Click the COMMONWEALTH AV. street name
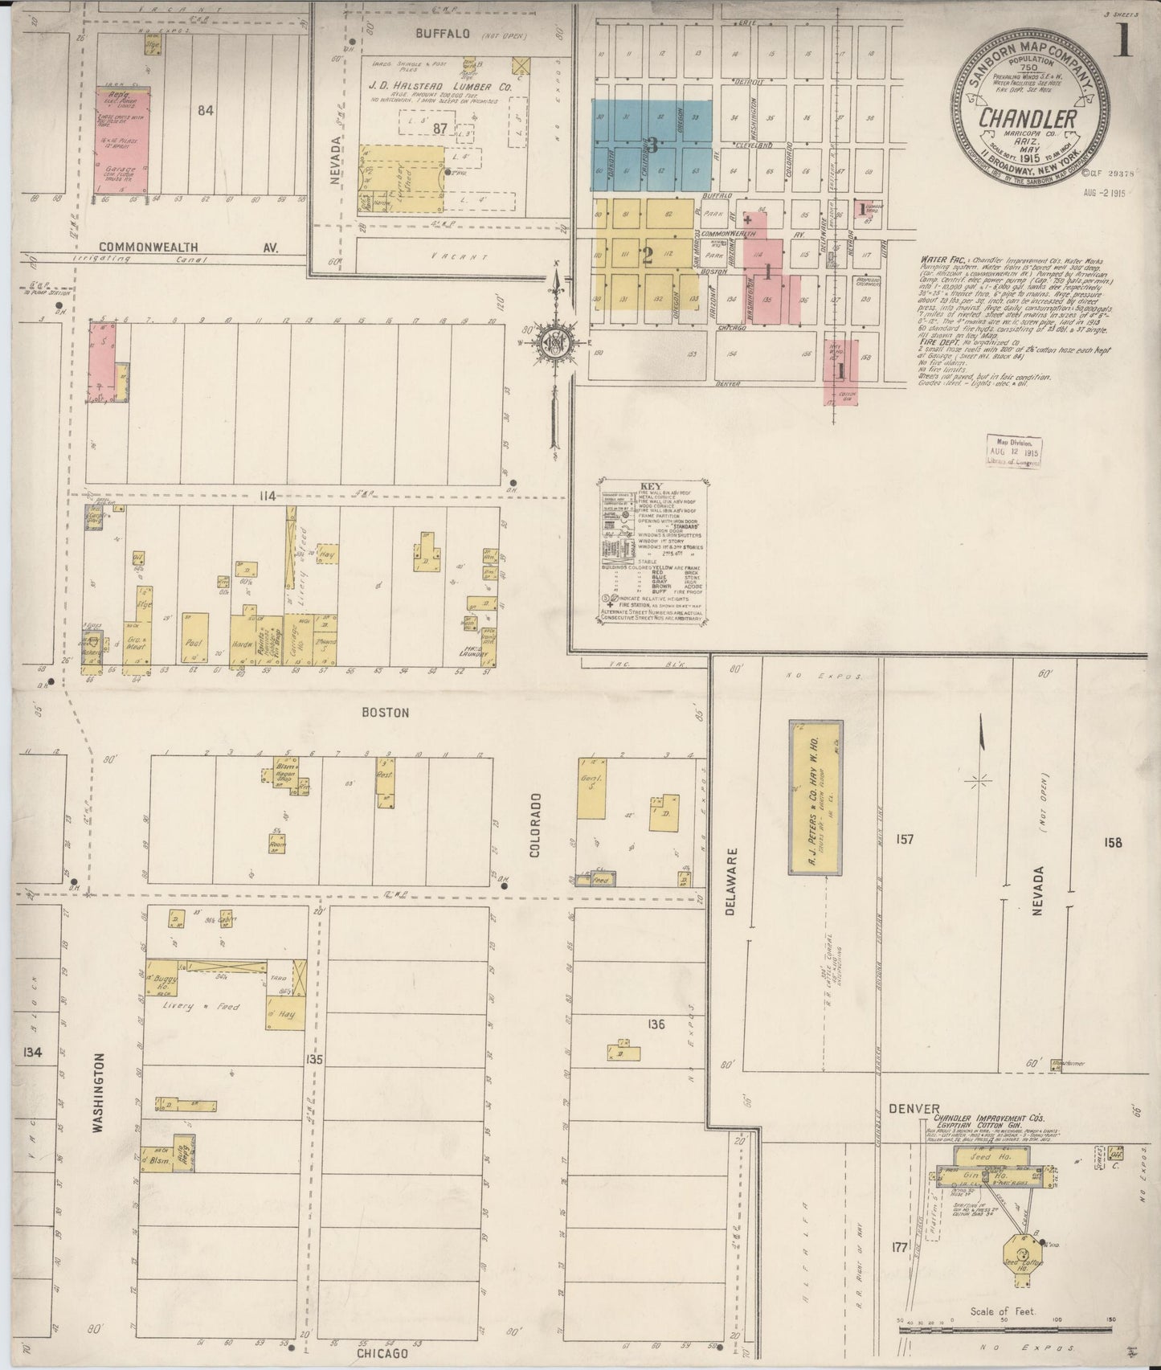click(x=190, y=248)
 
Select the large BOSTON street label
click(x=386, y=712)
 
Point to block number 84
click(x=206, y=112)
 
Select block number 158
click(x=1113, y=843)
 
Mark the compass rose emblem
click(x=555, y=343)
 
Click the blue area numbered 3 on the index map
click(x=652, y=145)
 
